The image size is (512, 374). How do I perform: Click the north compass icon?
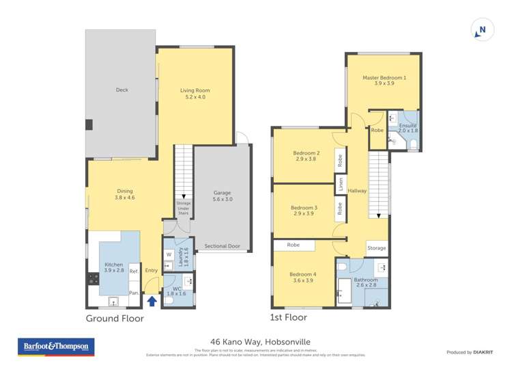click(x=482, y=30)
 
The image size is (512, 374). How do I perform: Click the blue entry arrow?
click(x=152, y=299)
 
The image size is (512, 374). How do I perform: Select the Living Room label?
click(x=195, y=94)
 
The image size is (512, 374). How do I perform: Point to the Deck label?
click(x=122, y=90)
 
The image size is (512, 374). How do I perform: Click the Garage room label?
click(x=223, y=196)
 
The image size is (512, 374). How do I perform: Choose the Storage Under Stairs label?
click(x=183, y=208)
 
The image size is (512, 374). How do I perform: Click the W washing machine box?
click(x=169, y=255)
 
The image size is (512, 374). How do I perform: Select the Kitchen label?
click(x=113, y=268)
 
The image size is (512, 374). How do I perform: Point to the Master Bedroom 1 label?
click(x=384, y=81)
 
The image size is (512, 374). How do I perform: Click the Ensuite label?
click(x=408, y=127)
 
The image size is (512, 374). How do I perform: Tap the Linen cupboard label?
click(x=339, y=183)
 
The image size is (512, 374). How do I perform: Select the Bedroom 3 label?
click(x=304, y=211)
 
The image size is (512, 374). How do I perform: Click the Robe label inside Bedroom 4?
click(x=293, y=245)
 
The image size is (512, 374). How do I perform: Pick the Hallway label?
click(x=357, y=191)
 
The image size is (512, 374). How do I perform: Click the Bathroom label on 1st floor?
click(x=366, y=282)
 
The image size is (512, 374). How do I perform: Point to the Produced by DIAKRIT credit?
click(x=470, y=353)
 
